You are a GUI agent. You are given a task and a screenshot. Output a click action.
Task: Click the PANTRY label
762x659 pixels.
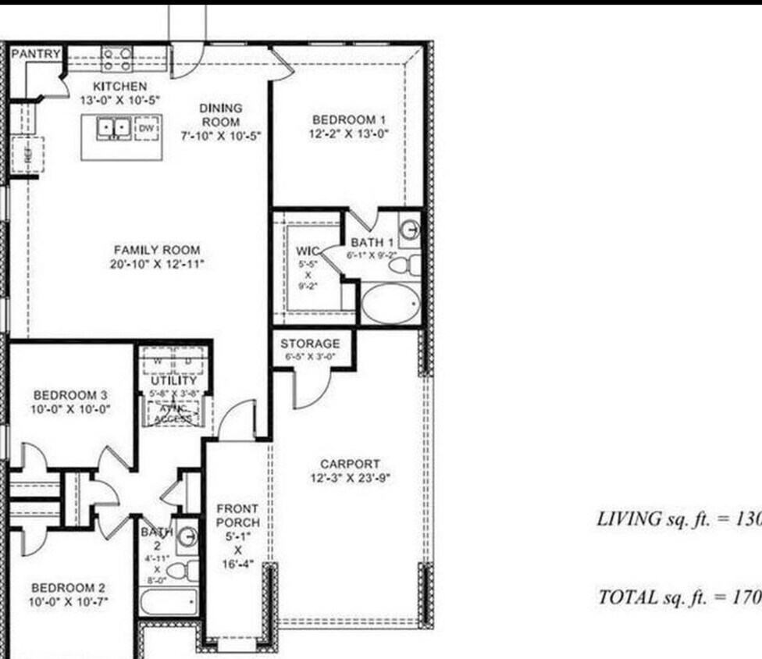[36, 54]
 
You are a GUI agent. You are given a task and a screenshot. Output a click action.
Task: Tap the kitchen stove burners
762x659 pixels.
[117, 59]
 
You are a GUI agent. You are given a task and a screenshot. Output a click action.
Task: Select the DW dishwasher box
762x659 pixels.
[148, 127]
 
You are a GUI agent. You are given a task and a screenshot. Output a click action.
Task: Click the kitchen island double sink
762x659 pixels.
[114, 127]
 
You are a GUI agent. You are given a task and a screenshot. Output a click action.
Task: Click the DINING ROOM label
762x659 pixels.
[220, 115]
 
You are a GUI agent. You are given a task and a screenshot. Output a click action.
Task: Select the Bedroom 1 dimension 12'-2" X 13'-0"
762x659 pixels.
[349, 134]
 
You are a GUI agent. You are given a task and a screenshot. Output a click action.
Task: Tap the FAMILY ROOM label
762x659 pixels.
[157, 250]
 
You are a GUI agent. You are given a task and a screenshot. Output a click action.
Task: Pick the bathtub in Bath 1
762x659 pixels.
[390, 304]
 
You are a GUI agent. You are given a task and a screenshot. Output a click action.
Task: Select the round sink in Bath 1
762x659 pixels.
[410, 230]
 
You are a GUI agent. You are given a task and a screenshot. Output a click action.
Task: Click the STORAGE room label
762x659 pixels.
[310, 344]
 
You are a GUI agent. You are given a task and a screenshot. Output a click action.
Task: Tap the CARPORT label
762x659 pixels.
[350, 464]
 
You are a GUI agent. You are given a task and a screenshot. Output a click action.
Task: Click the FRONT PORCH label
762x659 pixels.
[237, 515]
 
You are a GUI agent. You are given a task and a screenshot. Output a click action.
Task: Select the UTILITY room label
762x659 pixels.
[174, 380]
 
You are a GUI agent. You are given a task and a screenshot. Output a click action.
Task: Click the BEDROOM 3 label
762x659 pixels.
[65, 395]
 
